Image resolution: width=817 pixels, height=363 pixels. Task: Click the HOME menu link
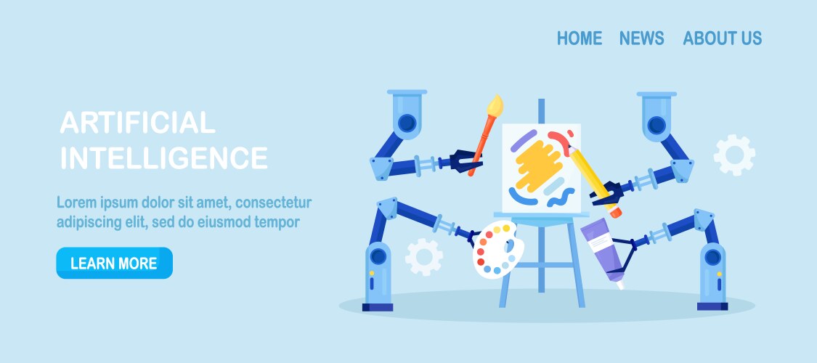[x=580, y=38]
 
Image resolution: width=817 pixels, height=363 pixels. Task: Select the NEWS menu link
[x=641, y=38]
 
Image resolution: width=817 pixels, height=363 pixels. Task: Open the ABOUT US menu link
[x=722, y=38]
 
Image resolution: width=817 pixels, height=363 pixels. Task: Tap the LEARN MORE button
[x=114, y=263]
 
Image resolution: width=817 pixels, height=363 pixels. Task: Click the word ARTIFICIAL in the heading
[x=137, y=123]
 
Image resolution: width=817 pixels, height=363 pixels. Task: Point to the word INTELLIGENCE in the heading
[x=164, y=158]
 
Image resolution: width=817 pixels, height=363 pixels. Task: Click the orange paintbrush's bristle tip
[x=495, y=105]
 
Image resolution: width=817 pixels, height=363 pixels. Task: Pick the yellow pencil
[x=595, y=181]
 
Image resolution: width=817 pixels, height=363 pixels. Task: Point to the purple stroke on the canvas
[x=523, y=141]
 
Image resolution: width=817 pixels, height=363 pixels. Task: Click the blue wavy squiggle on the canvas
[x=561, y=197]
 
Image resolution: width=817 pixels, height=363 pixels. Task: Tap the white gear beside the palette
[x=424, y=257]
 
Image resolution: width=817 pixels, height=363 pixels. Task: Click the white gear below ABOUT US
[x=735, y=155]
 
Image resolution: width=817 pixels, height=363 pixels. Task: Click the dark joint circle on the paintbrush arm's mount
[x=407, y=123]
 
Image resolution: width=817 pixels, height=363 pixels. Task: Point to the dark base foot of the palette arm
[x=378, y=307]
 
